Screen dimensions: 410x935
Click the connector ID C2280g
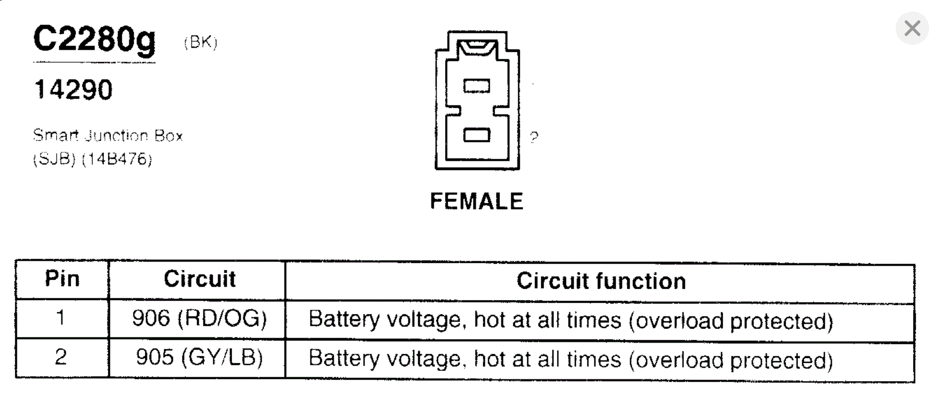click(x=94, y=40)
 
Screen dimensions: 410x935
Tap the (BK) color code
click(x=200, y=42)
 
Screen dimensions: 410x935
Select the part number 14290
click(x=74, y=90)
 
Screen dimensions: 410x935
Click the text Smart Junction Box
click(x=108, y=135)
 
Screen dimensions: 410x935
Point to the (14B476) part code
click(x=117, y=159)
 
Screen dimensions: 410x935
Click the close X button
click(x=912, y=28)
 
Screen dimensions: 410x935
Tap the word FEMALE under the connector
click(x=476, y=202)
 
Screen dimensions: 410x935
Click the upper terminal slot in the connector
click(x=476, y=86)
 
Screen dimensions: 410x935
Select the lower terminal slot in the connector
click(x=476, y=135)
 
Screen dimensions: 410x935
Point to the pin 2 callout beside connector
click(x=534, y=137)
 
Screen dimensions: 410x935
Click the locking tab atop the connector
click(x=477, y=47)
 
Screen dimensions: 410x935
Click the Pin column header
click(x=62, y=279)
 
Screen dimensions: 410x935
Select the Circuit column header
click(x=199, y=279)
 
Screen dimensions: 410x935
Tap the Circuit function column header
click(x=601, y=281)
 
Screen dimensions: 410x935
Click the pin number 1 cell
click(x=61, y=317)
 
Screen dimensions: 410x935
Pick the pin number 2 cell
click(x=61, y=357)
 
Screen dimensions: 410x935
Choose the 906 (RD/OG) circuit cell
click(x=199, y=318)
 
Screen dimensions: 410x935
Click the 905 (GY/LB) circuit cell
click(x=199, y=357)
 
